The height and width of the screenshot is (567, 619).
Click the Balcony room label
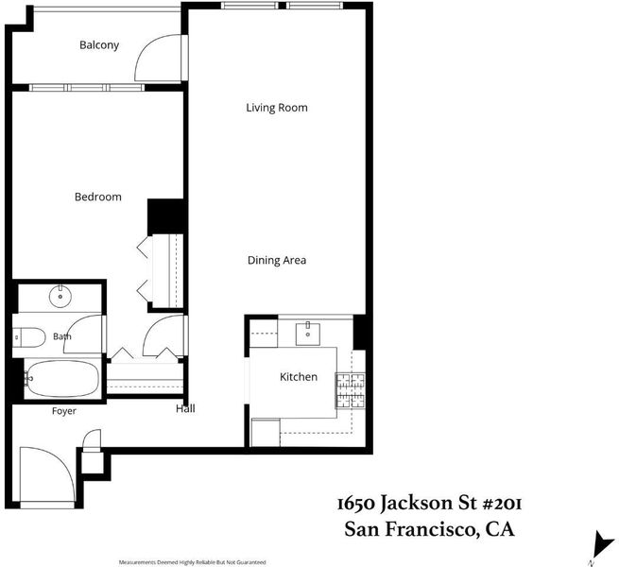click(99, 45)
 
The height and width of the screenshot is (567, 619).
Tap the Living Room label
click(277, 108)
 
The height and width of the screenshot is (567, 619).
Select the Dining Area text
click(277, 260)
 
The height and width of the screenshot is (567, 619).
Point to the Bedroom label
click(98, 197)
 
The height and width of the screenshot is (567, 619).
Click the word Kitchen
click(299, 377)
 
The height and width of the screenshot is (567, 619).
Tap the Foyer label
click(64, 411)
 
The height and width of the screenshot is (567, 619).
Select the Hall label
click(185, 408)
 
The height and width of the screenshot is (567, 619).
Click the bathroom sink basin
click(60, 296)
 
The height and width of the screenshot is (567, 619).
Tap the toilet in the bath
click(28, 337)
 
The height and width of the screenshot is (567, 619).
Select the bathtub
click(61, 379)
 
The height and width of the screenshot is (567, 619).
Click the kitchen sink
click(308, 334)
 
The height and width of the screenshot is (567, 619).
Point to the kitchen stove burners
click(351, 390)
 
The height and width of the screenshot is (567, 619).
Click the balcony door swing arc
click(146, 47)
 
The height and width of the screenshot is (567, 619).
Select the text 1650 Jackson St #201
click(429, 504)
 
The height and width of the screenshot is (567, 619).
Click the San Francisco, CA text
click(429, 529)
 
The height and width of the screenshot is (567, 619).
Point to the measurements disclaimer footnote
click(192, 562)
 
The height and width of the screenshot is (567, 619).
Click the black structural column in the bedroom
click(165, 216)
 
